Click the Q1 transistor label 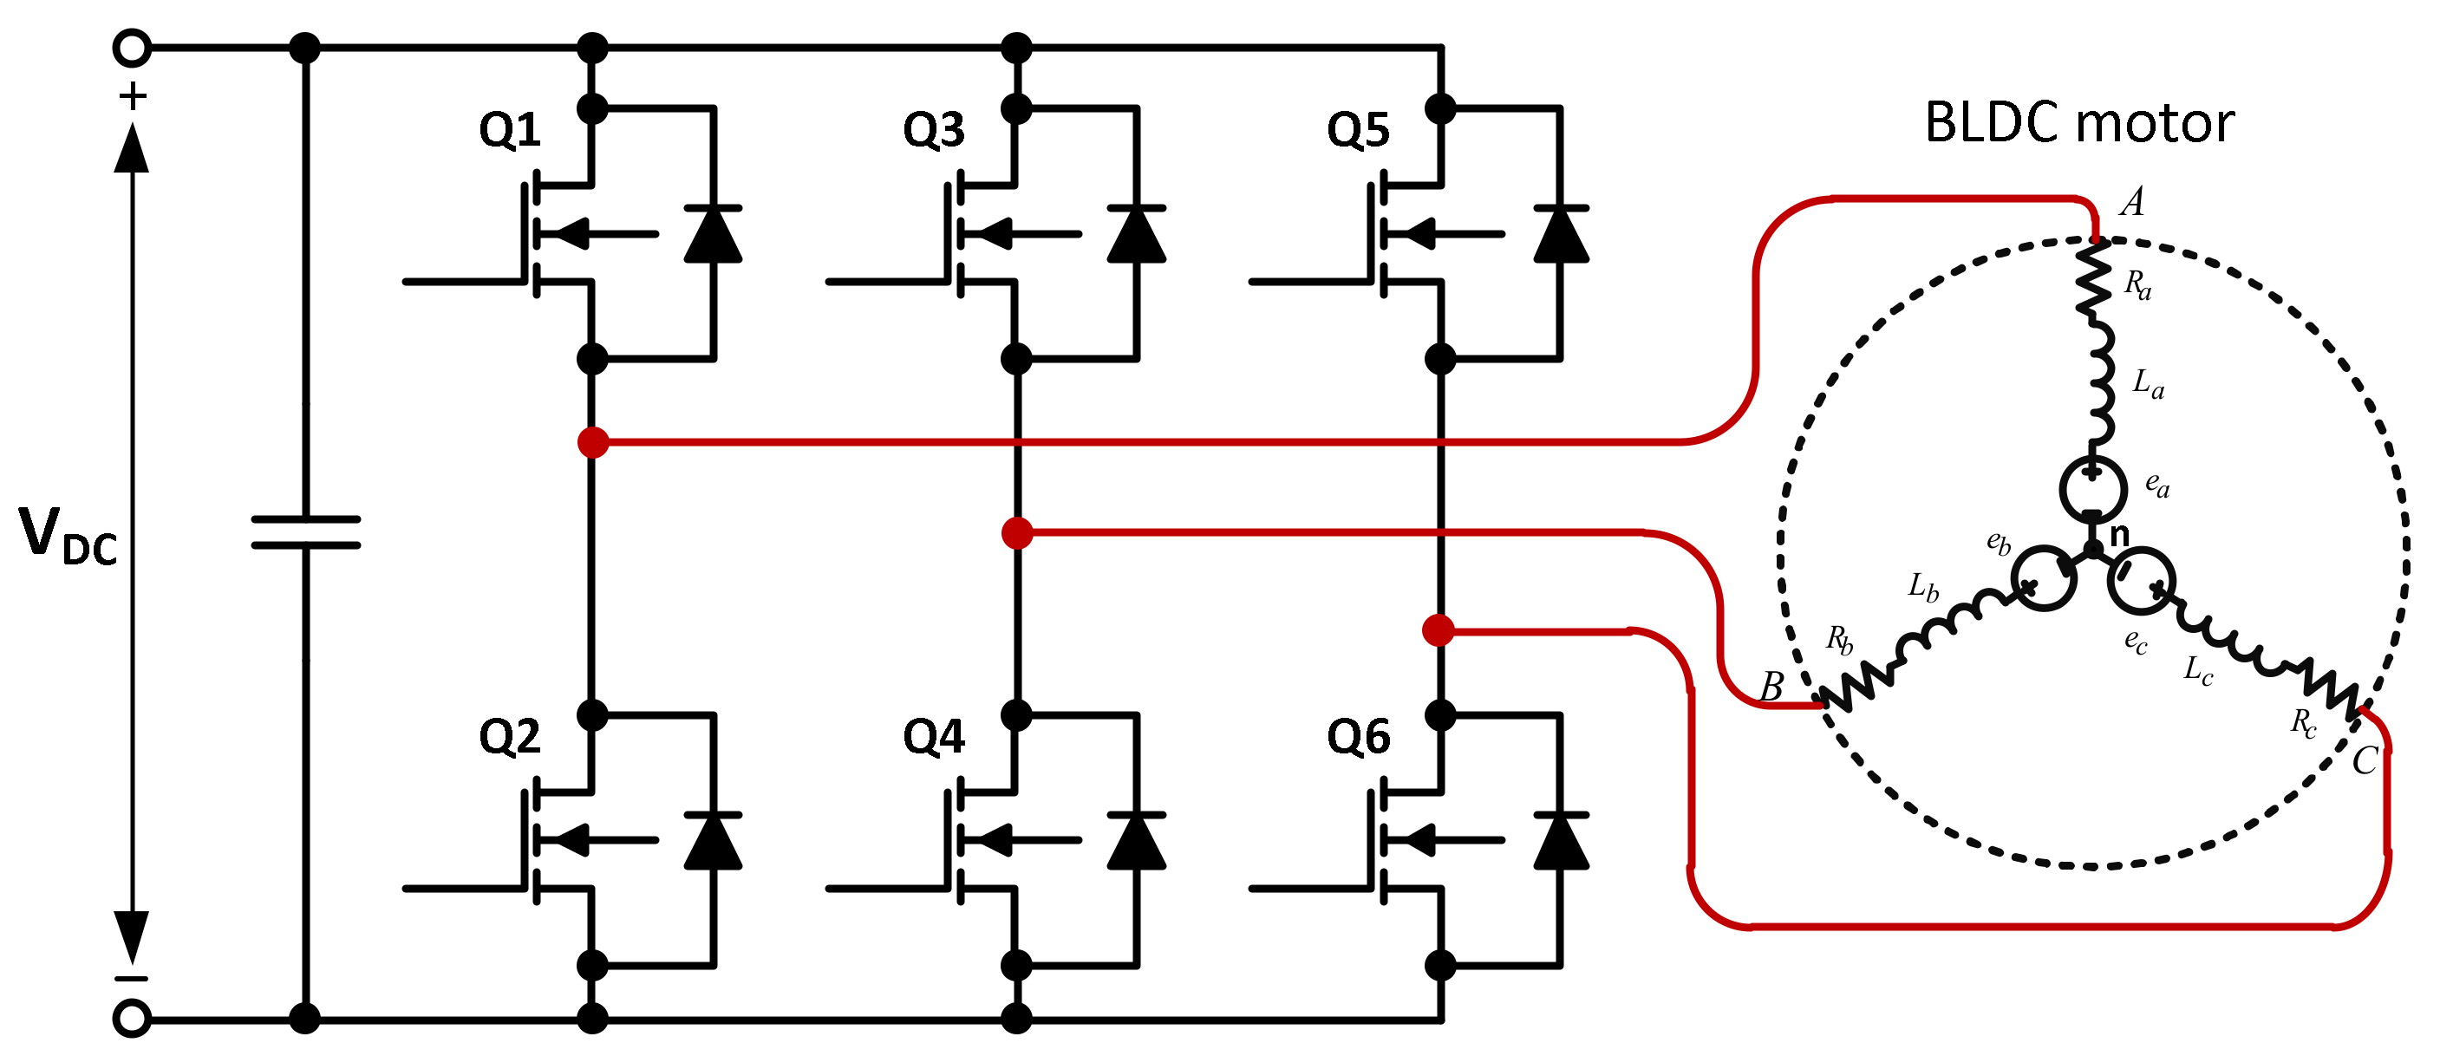[x=510, y=130]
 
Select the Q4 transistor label [x=933, y=737]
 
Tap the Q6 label [x=1357, y=737]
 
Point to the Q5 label [x=1357, y=130]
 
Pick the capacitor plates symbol [x=305, y=532]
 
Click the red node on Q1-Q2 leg [x=593, y=442]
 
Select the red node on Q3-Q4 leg [x=1016, y=533]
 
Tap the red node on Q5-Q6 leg [x=1438, y=629]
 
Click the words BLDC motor [x=2079, y=123]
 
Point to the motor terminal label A [x=2131, y=202]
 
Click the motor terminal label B [x=1771, y=687]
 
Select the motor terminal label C [x=2365, y=760]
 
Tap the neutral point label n [x=2119, y=535]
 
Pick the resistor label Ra [x=2137, y=284]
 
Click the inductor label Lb [x=1923, y=587]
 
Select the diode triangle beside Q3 [x=1136, y=234]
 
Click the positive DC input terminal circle [x=132, y=48]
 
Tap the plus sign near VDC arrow [x=133, y=96]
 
